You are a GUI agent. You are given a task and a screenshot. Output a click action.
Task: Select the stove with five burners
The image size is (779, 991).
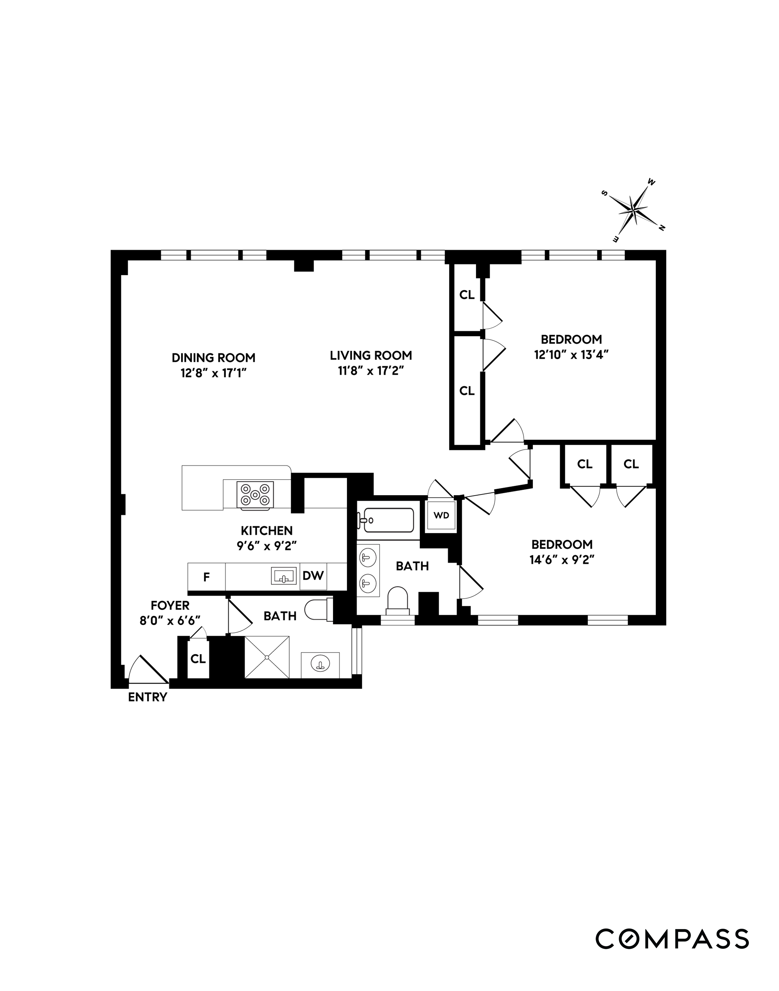click(255, 494)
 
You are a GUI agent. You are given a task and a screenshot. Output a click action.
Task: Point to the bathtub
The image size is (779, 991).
click(386, 520)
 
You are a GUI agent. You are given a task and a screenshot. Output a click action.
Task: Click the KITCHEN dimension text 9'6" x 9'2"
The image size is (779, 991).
click(267, 546)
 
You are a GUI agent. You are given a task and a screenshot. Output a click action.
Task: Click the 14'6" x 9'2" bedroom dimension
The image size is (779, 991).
click(562, 560)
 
